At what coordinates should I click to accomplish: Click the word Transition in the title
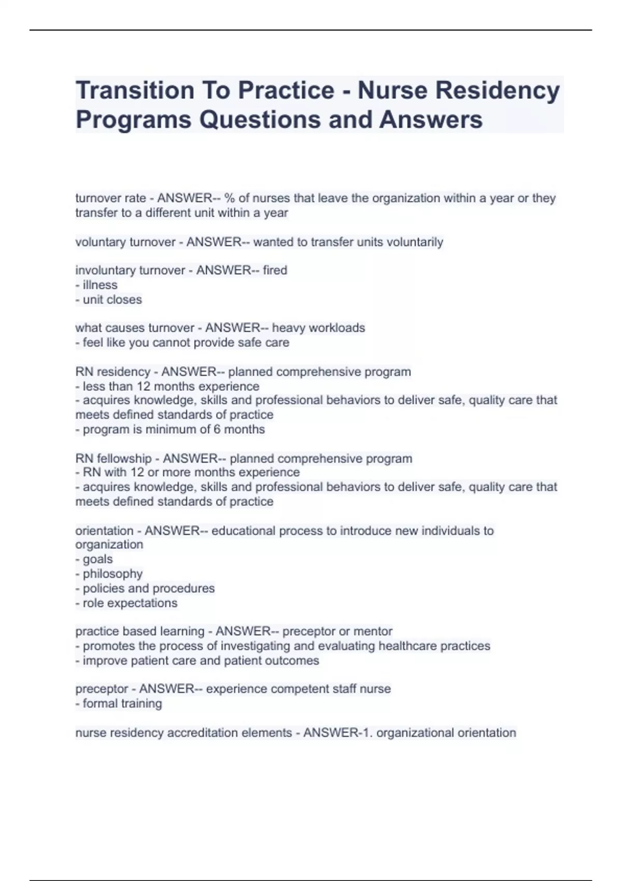click(134, 91)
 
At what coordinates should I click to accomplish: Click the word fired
click(275, 270)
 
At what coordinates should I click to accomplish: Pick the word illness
click(100, 285)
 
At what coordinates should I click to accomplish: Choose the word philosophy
click(112, 574)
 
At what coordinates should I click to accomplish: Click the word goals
click(97, 559)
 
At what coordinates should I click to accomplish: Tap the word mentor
click(373, 631)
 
